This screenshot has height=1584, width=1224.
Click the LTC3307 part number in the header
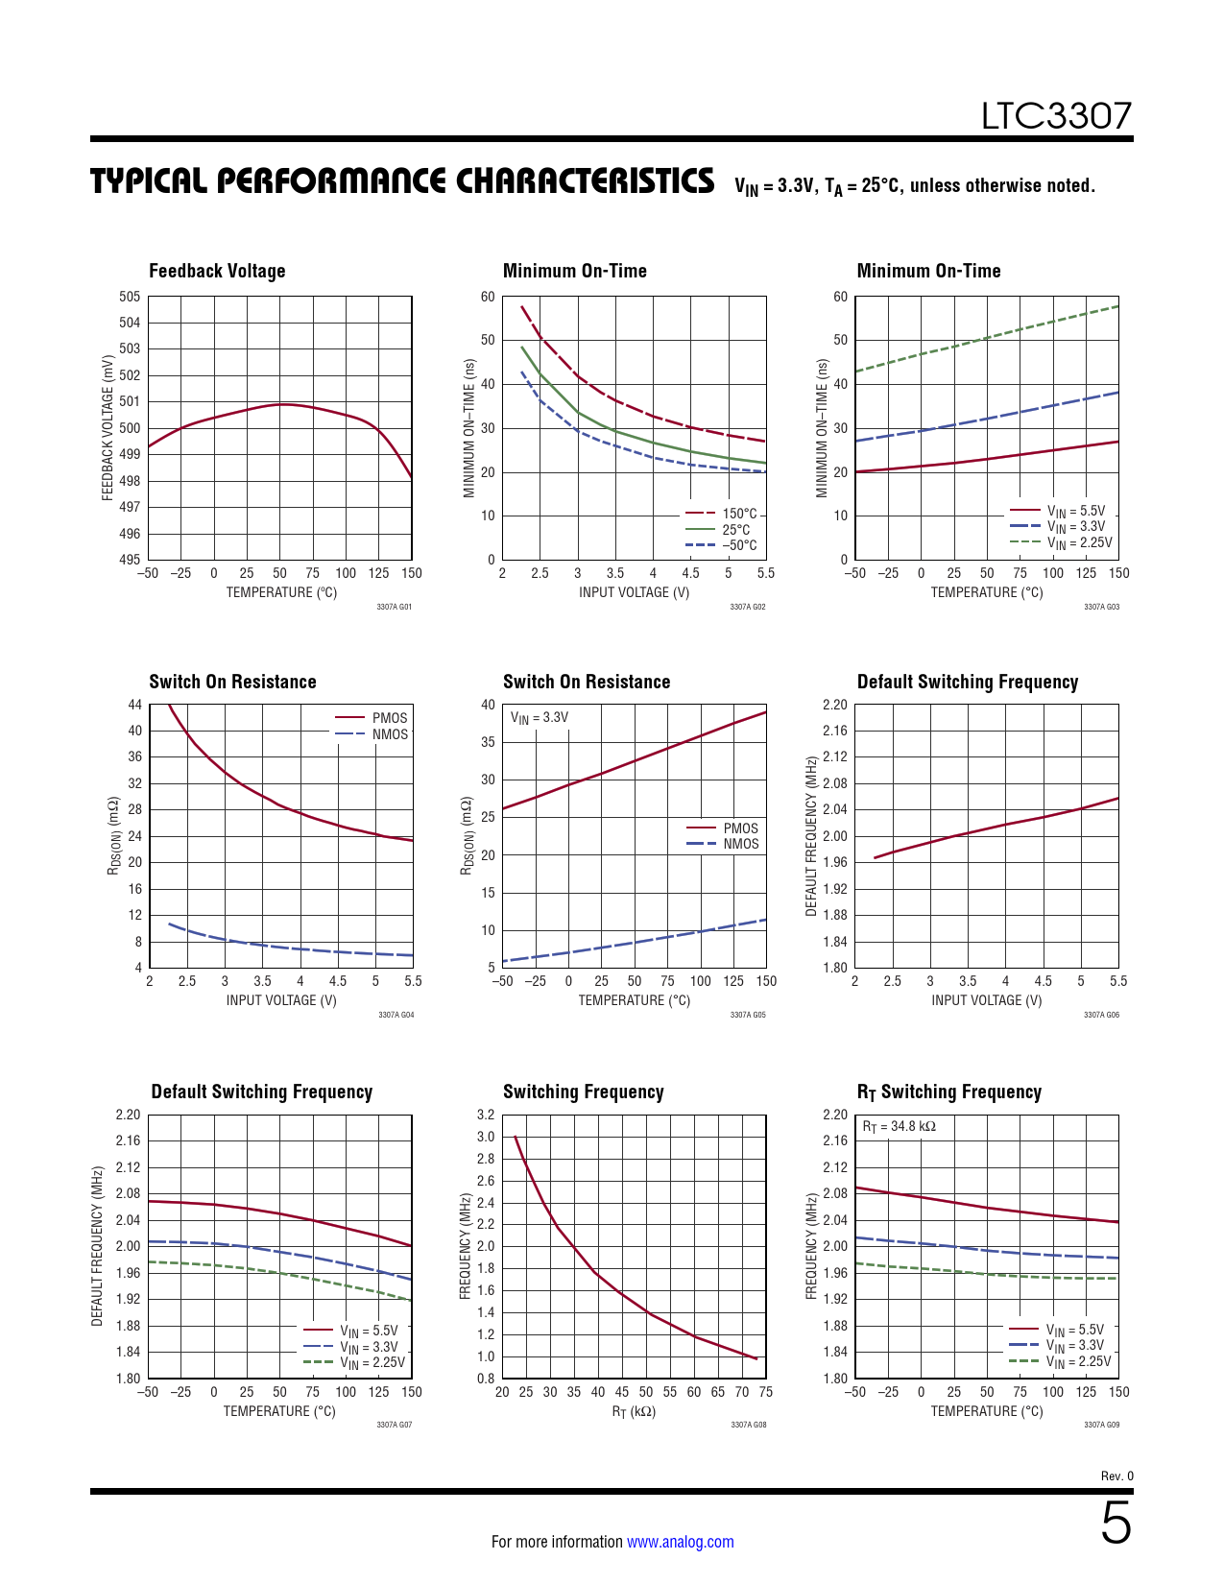coord(1056,116)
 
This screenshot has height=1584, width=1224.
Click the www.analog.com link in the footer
coord(680,1542)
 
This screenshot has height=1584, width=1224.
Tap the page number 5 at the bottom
coord(1115,1524)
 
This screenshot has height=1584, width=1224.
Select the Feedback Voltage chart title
coord(217,271)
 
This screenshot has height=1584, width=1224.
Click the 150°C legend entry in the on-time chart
coord(739,514)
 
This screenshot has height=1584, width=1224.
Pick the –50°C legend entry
coord(739,545)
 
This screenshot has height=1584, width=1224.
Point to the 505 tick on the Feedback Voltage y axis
coord(130,297)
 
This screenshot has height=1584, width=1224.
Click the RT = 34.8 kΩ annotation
coord(899,1126)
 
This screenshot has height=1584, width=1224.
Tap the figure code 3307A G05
coord(748,1015)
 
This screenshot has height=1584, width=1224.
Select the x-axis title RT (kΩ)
coord(634,1411)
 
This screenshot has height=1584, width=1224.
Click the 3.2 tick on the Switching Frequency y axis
coord(486,1115)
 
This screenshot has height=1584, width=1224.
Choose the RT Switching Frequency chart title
coord(948,1092)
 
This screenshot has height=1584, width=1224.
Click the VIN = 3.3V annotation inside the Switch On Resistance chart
coord(539,717)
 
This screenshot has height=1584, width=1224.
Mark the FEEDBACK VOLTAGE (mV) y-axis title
coord(108,427)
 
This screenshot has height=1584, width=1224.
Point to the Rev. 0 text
coord(1116,1476)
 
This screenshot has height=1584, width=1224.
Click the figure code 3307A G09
coord(1101,1425)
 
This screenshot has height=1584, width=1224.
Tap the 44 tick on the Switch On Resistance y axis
coord(134,705)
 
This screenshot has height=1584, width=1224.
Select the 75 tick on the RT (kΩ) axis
coord(765,1392)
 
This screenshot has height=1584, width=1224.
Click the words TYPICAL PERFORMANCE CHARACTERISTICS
coord(402,180)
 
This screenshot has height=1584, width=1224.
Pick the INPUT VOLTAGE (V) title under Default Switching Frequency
coord(986,1000)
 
